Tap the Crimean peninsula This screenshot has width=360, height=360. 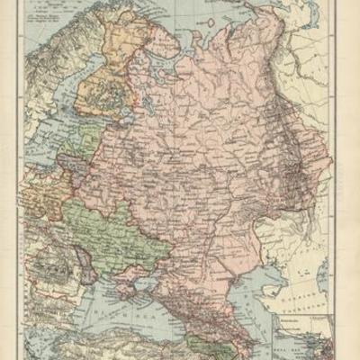145,271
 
